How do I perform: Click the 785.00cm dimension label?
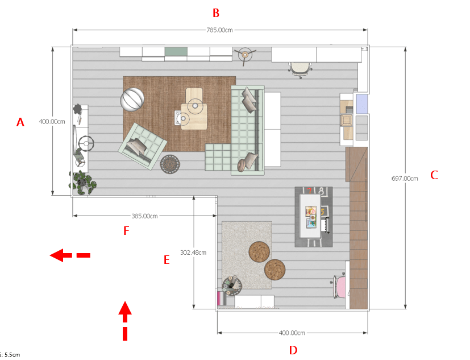(x=219, y=30)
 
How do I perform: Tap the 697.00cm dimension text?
(x=405, y=179)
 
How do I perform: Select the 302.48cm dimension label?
(x=193, y=253)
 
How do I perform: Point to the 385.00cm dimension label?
(x=144, y=216)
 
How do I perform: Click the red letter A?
(x=20, y=122)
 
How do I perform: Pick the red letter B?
(x=216, y=13)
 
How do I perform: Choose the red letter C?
(x=434, y=175)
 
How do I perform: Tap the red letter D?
(x=293, y=350)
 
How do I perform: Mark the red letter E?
(x=167, y=260)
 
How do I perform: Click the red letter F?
(x=126, y=231)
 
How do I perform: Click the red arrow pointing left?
(x=70, y=255)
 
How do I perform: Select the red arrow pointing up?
(x=125, y=321)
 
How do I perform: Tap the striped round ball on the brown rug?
(x=132, y=100)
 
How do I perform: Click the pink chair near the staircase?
(x=339, y=287)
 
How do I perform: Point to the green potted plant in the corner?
(x=82, y=183)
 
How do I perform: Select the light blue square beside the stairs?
(x=362, y=104)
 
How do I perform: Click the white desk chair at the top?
(x=301, y=69)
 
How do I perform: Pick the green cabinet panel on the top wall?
(x=176, y=51)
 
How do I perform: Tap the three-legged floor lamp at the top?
(x=245, y=55)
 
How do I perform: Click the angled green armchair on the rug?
(x=143, y=146)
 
